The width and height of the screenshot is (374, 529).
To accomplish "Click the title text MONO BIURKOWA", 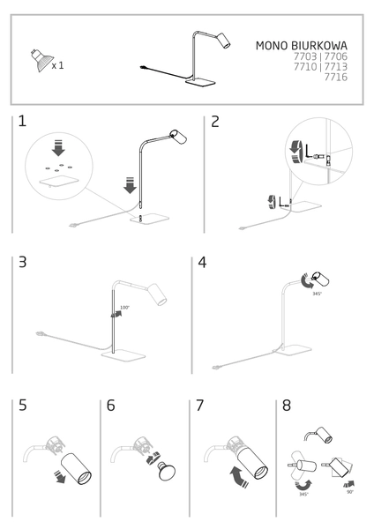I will [x=301, y=45].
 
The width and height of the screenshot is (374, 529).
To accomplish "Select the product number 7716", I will [x=335, y=77].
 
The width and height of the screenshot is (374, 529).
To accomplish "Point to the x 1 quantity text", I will [x=57, y=65].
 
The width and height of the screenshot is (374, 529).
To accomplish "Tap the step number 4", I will [x=203, y=264].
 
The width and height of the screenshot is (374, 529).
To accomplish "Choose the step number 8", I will [x=286, y=406].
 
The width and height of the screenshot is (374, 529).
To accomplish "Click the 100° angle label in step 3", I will [x=124, y=308].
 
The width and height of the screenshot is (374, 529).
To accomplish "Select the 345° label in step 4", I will [x=317, y=294].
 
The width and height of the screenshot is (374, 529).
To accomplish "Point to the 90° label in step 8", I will [x=349, y=492].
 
